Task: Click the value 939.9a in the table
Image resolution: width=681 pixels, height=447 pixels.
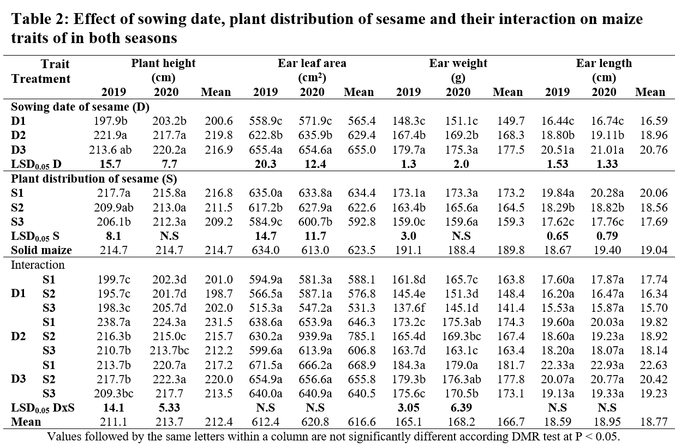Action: point(315,336)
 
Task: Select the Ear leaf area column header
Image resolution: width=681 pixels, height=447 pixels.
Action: point(312,63)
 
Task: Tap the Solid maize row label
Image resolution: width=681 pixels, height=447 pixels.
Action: point(41,250)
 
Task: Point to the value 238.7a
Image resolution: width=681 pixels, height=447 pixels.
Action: point(113,322)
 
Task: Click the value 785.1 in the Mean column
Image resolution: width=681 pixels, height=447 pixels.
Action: point(362,336)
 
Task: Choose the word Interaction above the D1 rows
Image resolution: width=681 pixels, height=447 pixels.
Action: point(38,265)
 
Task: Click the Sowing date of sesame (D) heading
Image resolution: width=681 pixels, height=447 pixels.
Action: point(80,107)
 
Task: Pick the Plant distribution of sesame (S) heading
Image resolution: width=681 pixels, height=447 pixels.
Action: point(94,179)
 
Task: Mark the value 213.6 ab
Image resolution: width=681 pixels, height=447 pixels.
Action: point(110,150)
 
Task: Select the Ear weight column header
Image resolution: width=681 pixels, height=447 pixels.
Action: point(458,63)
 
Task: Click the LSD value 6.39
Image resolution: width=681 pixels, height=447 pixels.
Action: point(461,408)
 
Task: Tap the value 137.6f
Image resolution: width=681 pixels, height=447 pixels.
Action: point(408,307)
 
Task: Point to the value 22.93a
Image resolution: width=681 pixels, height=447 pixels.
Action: point(607,365)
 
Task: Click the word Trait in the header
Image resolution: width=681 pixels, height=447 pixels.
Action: point(55,64)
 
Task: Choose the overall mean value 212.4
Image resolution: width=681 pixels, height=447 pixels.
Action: point(219,422)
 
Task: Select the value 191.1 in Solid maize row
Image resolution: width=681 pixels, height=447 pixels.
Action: point(408,250)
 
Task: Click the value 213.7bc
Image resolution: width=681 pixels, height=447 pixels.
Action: point(169,351)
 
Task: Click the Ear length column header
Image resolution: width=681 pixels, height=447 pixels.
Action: point(604,63)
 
